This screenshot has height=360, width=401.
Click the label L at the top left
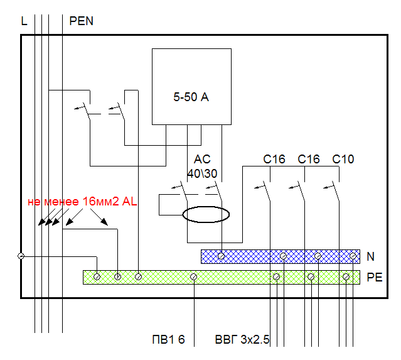pyautogui.click(x=24, y=21)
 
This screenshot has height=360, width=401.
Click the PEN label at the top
pyautogui.click(x=81, y=21)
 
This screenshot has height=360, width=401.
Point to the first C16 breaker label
pyautogui.click(x=274, y=160)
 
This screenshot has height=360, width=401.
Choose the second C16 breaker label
pyautogui.click(x=309, y=160)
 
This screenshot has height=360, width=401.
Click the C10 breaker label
pyautogui.click(x=343, y=160)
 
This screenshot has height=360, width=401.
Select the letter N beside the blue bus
pyautogui.click(x=370, y=256)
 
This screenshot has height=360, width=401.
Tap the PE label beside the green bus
pyautogui.click(x=374, y=277)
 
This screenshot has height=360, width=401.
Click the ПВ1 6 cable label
pyautogui.click(x=168, y=341)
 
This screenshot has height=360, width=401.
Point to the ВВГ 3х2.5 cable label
pyautogui.click(x=242, y=341)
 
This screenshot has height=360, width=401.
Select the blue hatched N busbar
pyautogui.click(x=251, y=256)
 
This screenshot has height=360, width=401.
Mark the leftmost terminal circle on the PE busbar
pyautogui.click(x=97, y=276)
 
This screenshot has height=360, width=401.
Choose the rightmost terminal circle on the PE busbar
pyautogui.click(x=346, y=276)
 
